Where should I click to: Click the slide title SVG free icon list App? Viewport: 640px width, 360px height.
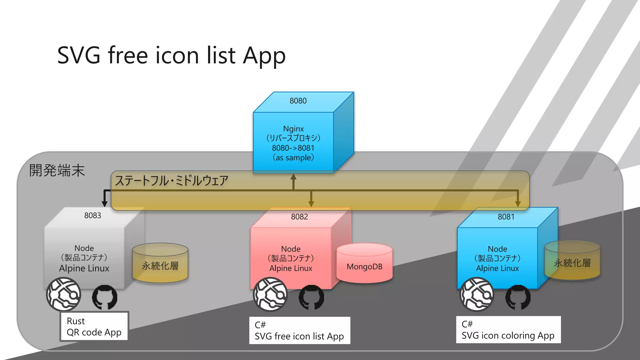[x=171, y=56]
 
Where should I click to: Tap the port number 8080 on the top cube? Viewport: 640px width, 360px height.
[x=298, y=101]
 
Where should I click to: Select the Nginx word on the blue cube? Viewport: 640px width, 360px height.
[x=293, y=129]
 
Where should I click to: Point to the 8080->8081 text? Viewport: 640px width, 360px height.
[x=293, y=148]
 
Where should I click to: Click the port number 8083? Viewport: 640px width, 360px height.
[x=92, y=216]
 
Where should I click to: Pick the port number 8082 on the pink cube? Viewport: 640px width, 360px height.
[x=299, y=217]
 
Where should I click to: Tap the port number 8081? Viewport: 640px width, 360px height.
[x=506, y=217]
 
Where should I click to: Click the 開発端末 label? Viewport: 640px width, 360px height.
[x=57, y=171]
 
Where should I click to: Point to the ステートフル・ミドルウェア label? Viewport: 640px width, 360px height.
[x=172, y=181]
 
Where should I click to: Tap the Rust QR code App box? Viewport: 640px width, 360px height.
[x=94, y=327]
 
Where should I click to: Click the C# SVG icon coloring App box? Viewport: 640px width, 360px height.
[x=508, y=330]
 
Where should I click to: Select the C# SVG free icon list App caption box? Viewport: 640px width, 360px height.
[x=299, y=331]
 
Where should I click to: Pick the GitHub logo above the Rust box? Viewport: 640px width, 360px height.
[x=105, y=297]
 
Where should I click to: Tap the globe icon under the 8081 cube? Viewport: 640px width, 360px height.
[x=477, y=294]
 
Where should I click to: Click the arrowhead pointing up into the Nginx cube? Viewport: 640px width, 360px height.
[x=293, y=177]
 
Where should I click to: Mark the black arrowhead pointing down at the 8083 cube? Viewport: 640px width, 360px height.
[x=105, y=204]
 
